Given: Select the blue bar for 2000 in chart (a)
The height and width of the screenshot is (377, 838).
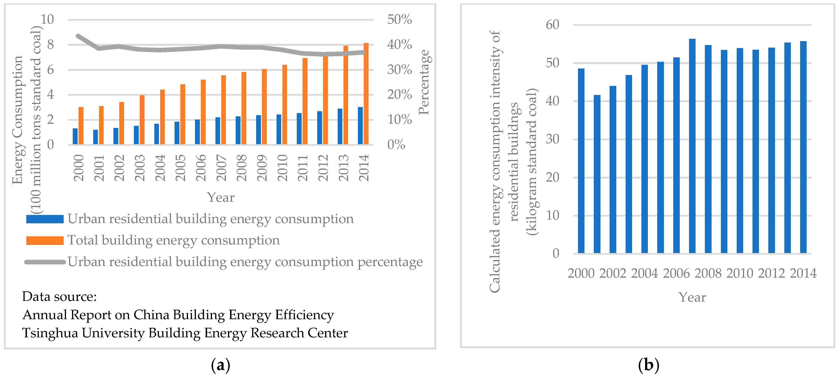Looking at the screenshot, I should click(x=75, y=136).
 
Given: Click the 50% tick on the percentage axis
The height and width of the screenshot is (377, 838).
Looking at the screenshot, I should click(x=399, y=19).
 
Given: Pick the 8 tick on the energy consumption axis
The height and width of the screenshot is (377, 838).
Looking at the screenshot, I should click(x=50, y=45).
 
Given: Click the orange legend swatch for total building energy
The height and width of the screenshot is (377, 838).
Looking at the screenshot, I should click(x=45, y=240).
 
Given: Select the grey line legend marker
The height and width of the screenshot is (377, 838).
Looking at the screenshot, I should click(x=45, y=262).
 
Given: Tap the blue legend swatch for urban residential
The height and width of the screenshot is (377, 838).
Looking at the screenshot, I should click(x=45, y=219).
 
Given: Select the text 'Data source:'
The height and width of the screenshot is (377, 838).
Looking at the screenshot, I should click(x=59, y=296).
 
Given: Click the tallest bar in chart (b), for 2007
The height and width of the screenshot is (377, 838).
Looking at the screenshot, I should click(x=692, y=146).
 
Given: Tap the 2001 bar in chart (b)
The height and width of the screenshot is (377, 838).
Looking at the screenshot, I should click(x=597, y=174).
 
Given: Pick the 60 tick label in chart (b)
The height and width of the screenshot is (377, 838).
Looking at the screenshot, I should click(x=552, y=25).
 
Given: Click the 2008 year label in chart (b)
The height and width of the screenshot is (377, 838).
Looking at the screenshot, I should click(x=708, y=273).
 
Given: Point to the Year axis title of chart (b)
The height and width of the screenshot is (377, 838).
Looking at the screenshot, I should click(x=692, y=297).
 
